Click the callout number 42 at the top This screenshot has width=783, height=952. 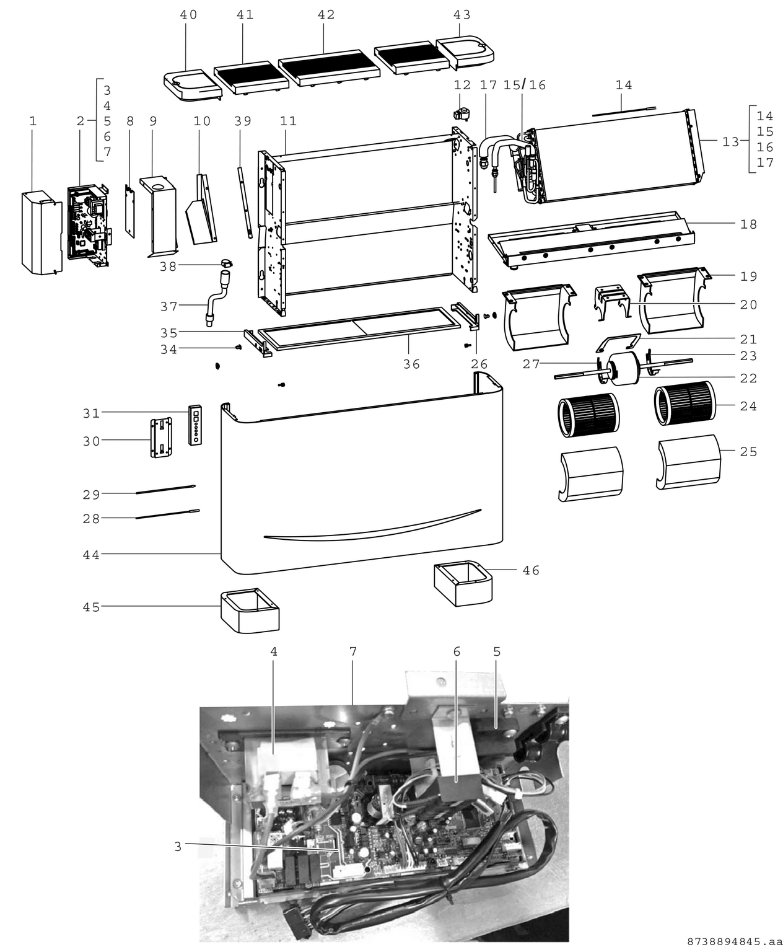click(x=326, y=14)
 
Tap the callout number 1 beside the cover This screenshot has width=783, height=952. click(x=33, y=121)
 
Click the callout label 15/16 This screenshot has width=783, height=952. click(x=524, y=85)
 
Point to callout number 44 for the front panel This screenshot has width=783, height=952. click(x=91, y=555)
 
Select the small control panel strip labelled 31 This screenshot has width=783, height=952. click(x=195, y=425)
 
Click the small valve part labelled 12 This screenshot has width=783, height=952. click(x=461, y=113)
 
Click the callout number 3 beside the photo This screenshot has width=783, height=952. click(x=178, y=847)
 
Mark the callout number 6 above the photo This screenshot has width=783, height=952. click(x=457, y=651)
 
